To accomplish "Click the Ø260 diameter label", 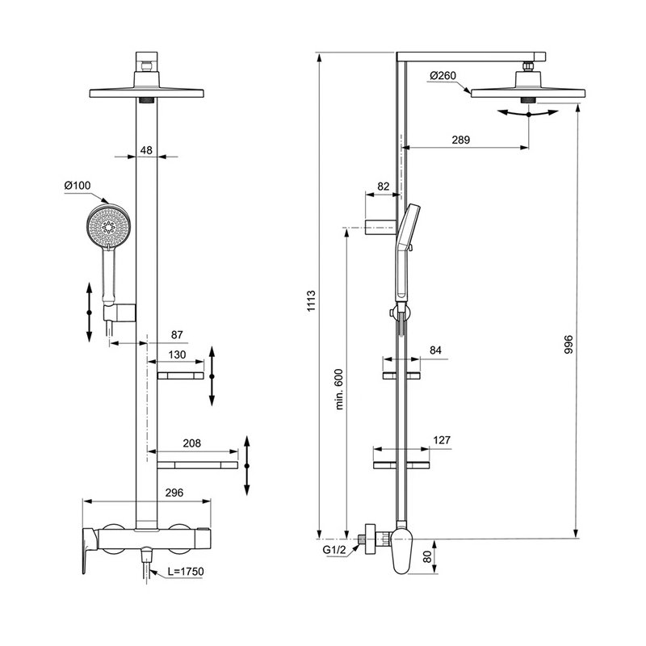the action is coord(443,76).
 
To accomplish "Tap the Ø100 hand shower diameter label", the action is coord(78,186).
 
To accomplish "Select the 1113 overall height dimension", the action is coord(311,301).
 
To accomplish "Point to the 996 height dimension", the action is coord(568,345).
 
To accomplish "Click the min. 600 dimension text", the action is coord(339,389).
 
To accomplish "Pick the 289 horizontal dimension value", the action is coord(460,140).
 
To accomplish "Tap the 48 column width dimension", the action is coord(146,150).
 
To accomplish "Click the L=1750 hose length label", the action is coord(186,572).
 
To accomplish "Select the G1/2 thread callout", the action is coord(334,550).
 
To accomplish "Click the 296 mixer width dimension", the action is coord(174,493).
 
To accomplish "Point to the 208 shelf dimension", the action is coord(192,443).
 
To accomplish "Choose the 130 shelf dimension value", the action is coord(177,354).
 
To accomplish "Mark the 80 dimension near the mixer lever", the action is coord(428,557).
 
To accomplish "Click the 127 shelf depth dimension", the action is coord(442,440).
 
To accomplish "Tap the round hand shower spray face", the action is coord(108,227).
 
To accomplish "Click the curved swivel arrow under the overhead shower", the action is coord(528,113).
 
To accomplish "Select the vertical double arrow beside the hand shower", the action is coord(89,313).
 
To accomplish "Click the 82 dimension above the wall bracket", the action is coord(383,187).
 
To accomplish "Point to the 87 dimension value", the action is coord(177,335).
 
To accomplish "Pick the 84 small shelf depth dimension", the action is coord(435,350).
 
